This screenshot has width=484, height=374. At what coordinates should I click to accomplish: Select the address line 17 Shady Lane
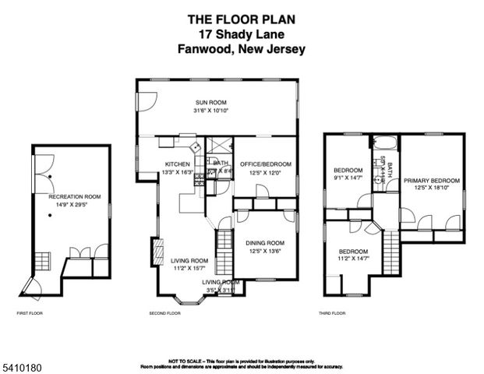[x=241, y=34]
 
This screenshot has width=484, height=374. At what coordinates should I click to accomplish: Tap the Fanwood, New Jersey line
[x=241, y=48]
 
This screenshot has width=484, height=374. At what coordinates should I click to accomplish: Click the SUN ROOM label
[x=210, y=102]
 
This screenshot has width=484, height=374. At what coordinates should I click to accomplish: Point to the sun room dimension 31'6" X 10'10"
[x=210, y=111]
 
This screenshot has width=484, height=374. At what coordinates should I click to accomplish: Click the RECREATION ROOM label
[x=75, y=197]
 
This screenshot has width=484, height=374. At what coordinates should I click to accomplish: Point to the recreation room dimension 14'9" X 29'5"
[x=75, y=206]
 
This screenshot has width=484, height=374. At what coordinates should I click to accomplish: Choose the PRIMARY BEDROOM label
[x=431, y=180]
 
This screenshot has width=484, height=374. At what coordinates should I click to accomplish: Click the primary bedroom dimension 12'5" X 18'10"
[x=431, y=189]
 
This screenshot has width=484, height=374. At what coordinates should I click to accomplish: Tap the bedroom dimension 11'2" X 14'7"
[x=353, y=259]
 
